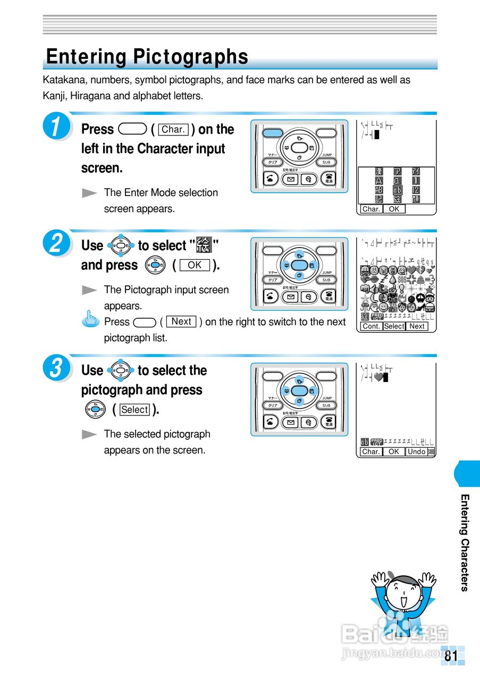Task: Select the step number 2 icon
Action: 56,245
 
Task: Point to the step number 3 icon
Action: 56,370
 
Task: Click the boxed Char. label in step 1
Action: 173,130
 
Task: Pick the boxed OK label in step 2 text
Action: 195,265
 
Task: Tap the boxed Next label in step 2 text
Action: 181,322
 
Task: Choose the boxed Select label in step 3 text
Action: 134,410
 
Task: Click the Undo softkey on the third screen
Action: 416,452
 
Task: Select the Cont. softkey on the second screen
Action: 371,326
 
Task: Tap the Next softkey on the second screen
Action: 417,326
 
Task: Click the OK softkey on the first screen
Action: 394,209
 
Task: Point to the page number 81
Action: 451,656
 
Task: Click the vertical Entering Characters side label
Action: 464,542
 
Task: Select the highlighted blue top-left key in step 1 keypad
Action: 274,133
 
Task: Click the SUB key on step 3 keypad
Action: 326,405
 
